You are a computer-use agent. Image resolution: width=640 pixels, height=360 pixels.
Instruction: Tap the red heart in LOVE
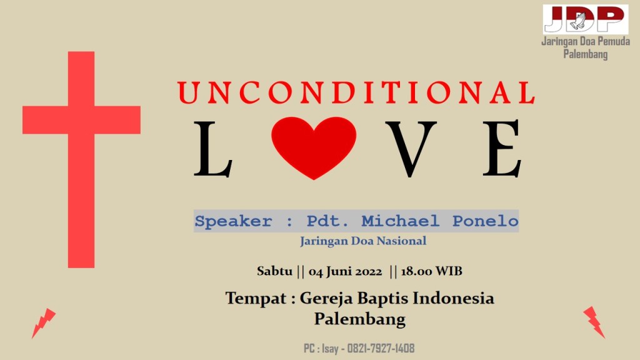coord(314,147)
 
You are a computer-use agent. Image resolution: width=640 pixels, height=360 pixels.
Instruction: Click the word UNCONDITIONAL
coord(356,92)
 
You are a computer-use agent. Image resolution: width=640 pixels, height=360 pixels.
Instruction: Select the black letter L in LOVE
coord(213,149)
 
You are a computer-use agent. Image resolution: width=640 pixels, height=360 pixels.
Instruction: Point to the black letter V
coord(411,149)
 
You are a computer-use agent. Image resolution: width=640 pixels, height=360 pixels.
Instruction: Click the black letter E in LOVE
coord(502,149)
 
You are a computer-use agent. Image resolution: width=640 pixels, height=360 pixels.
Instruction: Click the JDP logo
coord(585,19)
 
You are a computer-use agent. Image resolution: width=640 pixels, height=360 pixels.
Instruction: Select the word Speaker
coord(233,222)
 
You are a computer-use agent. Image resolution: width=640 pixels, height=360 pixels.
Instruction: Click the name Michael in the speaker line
coord(401,221)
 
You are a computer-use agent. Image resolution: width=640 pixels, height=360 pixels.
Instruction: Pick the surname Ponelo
coord(485,221)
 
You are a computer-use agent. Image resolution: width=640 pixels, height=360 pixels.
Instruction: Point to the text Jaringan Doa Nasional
coord(363,241)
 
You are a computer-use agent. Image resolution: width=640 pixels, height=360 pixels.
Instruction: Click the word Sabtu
coord(275,271)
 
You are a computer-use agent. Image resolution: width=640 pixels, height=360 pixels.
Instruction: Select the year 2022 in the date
coord(368,271)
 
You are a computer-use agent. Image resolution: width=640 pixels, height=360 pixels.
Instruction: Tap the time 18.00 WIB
coord(432,271)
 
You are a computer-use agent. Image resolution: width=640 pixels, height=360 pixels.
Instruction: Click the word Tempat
coord(256,299)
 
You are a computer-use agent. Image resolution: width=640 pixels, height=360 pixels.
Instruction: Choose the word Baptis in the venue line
coord(383,299)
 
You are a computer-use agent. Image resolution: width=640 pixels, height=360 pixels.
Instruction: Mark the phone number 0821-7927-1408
coord(381,348)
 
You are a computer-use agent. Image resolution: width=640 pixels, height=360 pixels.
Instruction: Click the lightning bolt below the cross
coord(44,323)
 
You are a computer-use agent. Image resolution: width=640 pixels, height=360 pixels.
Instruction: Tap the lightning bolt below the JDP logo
coord(594,322)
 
